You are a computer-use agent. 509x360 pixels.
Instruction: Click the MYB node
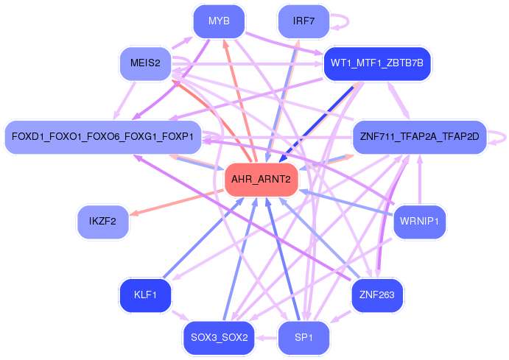coord(219,21)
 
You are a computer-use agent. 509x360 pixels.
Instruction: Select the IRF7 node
coord(303,21)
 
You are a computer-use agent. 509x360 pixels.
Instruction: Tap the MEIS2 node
coord(145,63)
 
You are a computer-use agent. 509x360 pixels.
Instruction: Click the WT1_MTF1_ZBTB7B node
coord(377,63)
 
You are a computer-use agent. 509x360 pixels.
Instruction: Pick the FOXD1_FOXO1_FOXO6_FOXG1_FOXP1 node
coord(102,136)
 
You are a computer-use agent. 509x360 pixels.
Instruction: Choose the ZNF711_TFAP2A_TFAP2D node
coord(419,136)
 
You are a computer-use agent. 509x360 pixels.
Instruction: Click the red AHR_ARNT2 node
coord(261,180)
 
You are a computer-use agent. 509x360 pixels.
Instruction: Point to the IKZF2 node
coord(102,222)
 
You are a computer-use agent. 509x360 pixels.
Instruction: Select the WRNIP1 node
coord(419,222)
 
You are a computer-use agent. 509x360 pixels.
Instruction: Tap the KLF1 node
coord(145,295)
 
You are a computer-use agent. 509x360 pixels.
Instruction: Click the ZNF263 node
coord(377,295)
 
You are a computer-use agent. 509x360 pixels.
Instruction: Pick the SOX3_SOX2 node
coord(219,338)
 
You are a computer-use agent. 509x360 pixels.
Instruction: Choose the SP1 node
coord(303,338)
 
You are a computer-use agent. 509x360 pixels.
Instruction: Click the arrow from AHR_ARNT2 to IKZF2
coord(177,202)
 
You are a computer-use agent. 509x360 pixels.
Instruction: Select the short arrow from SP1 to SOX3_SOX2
coord(266,338)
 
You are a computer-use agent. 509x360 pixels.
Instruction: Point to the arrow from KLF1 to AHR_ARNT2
coord(203,238)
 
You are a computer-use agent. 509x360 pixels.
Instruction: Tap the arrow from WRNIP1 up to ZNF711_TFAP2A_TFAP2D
coord(420,180)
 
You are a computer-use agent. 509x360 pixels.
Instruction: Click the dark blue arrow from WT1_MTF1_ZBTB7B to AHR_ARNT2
coord(316,124)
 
